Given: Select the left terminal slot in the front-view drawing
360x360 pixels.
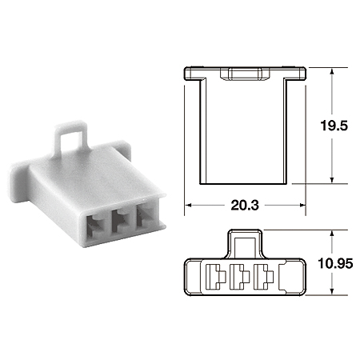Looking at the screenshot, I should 217,278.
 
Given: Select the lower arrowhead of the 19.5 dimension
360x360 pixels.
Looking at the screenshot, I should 331,180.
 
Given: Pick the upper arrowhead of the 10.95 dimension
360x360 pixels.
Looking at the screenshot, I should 331,234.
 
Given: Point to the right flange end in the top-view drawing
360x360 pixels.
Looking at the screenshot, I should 301,73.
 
